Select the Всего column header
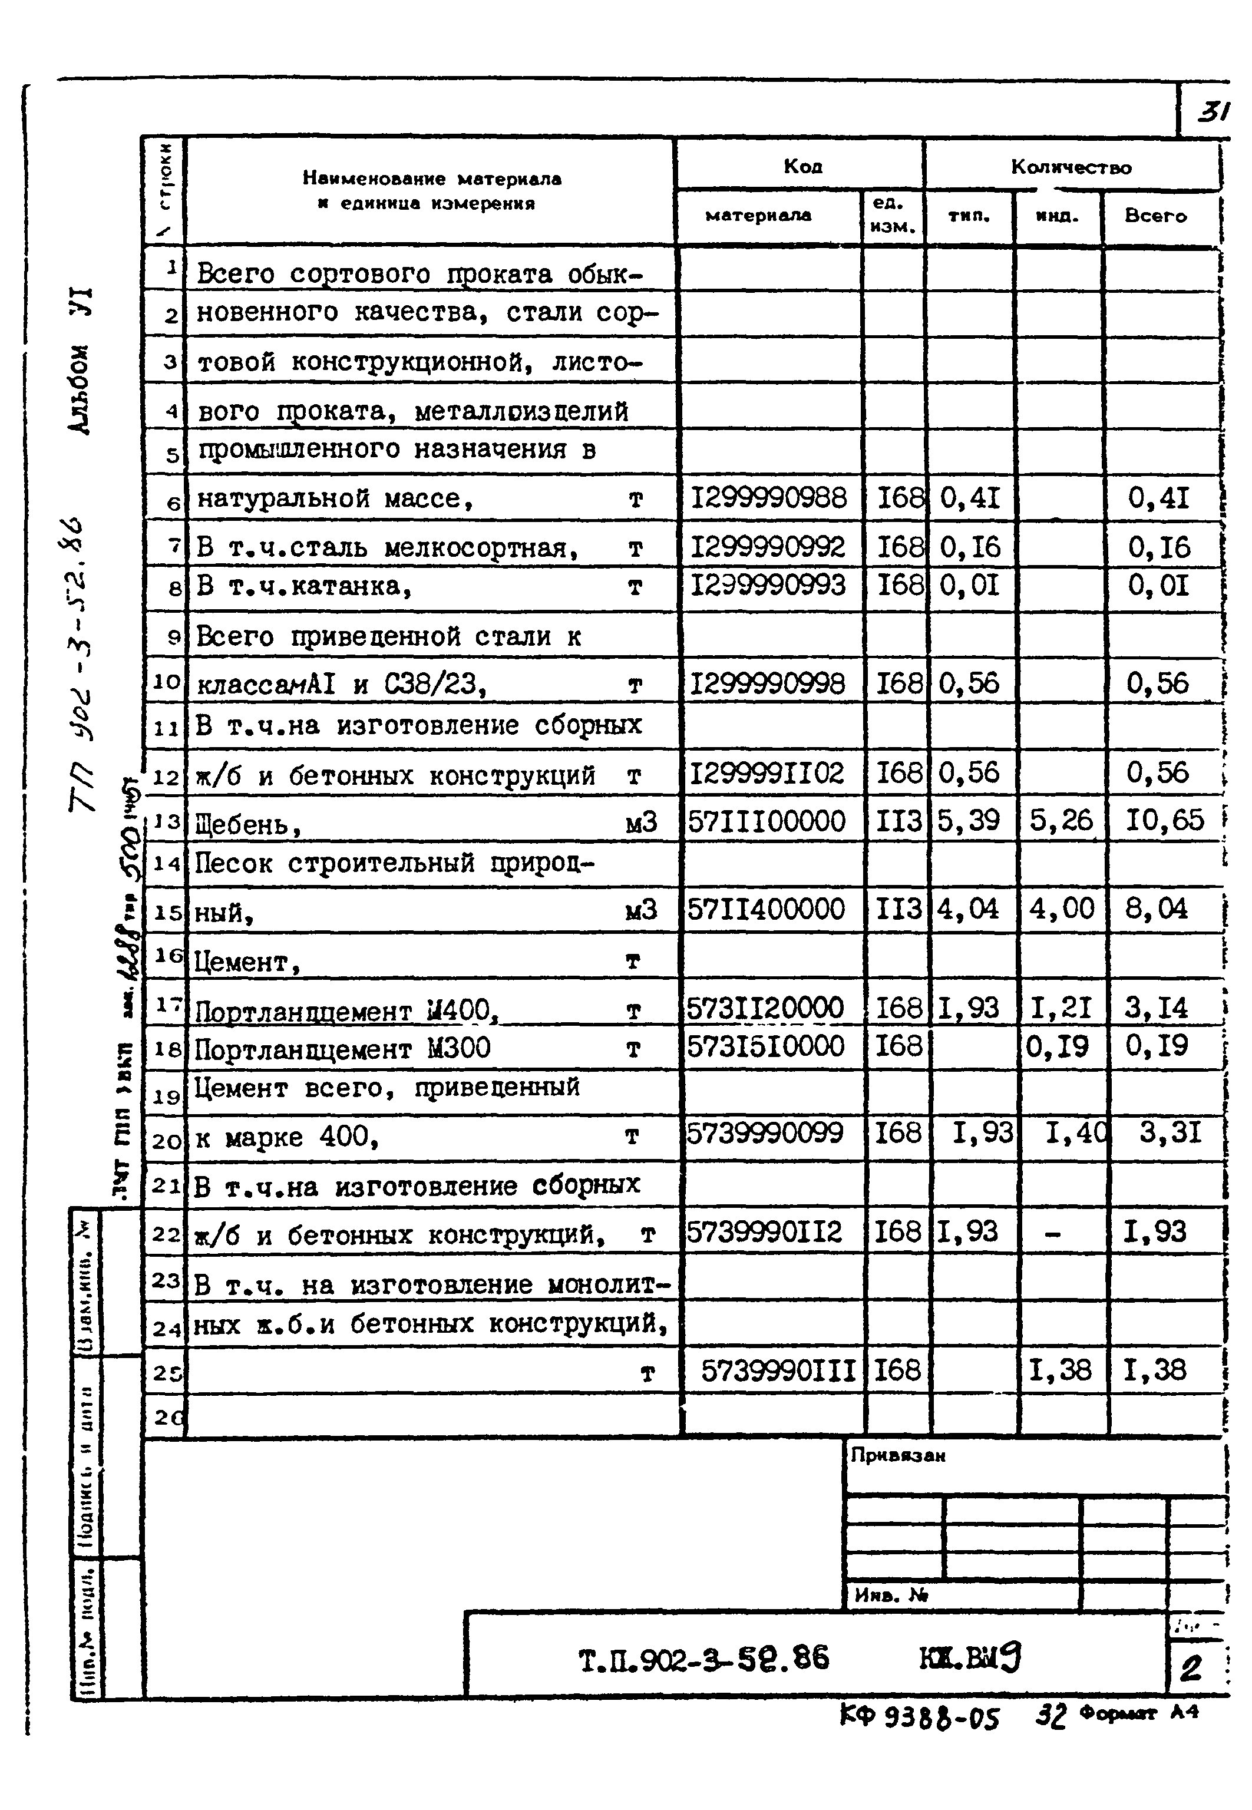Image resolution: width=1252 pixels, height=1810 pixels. coord(1155,216)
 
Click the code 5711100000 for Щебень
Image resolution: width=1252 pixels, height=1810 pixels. coord(767,821)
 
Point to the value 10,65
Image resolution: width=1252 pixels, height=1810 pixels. coord(1164,820)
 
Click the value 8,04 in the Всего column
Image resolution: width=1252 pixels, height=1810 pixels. coord(1157,909)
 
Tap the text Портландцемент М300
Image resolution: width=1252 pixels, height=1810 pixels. coord(342,1049)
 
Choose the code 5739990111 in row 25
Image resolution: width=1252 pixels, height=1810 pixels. coord(778,1370)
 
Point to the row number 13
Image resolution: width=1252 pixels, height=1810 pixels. coord(166,821)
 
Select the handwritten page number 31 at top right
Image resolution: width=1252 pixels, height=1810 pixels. coord(1213,111)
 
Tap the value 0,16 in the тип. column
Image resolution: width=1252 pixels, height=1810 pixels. coord(970,547)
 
